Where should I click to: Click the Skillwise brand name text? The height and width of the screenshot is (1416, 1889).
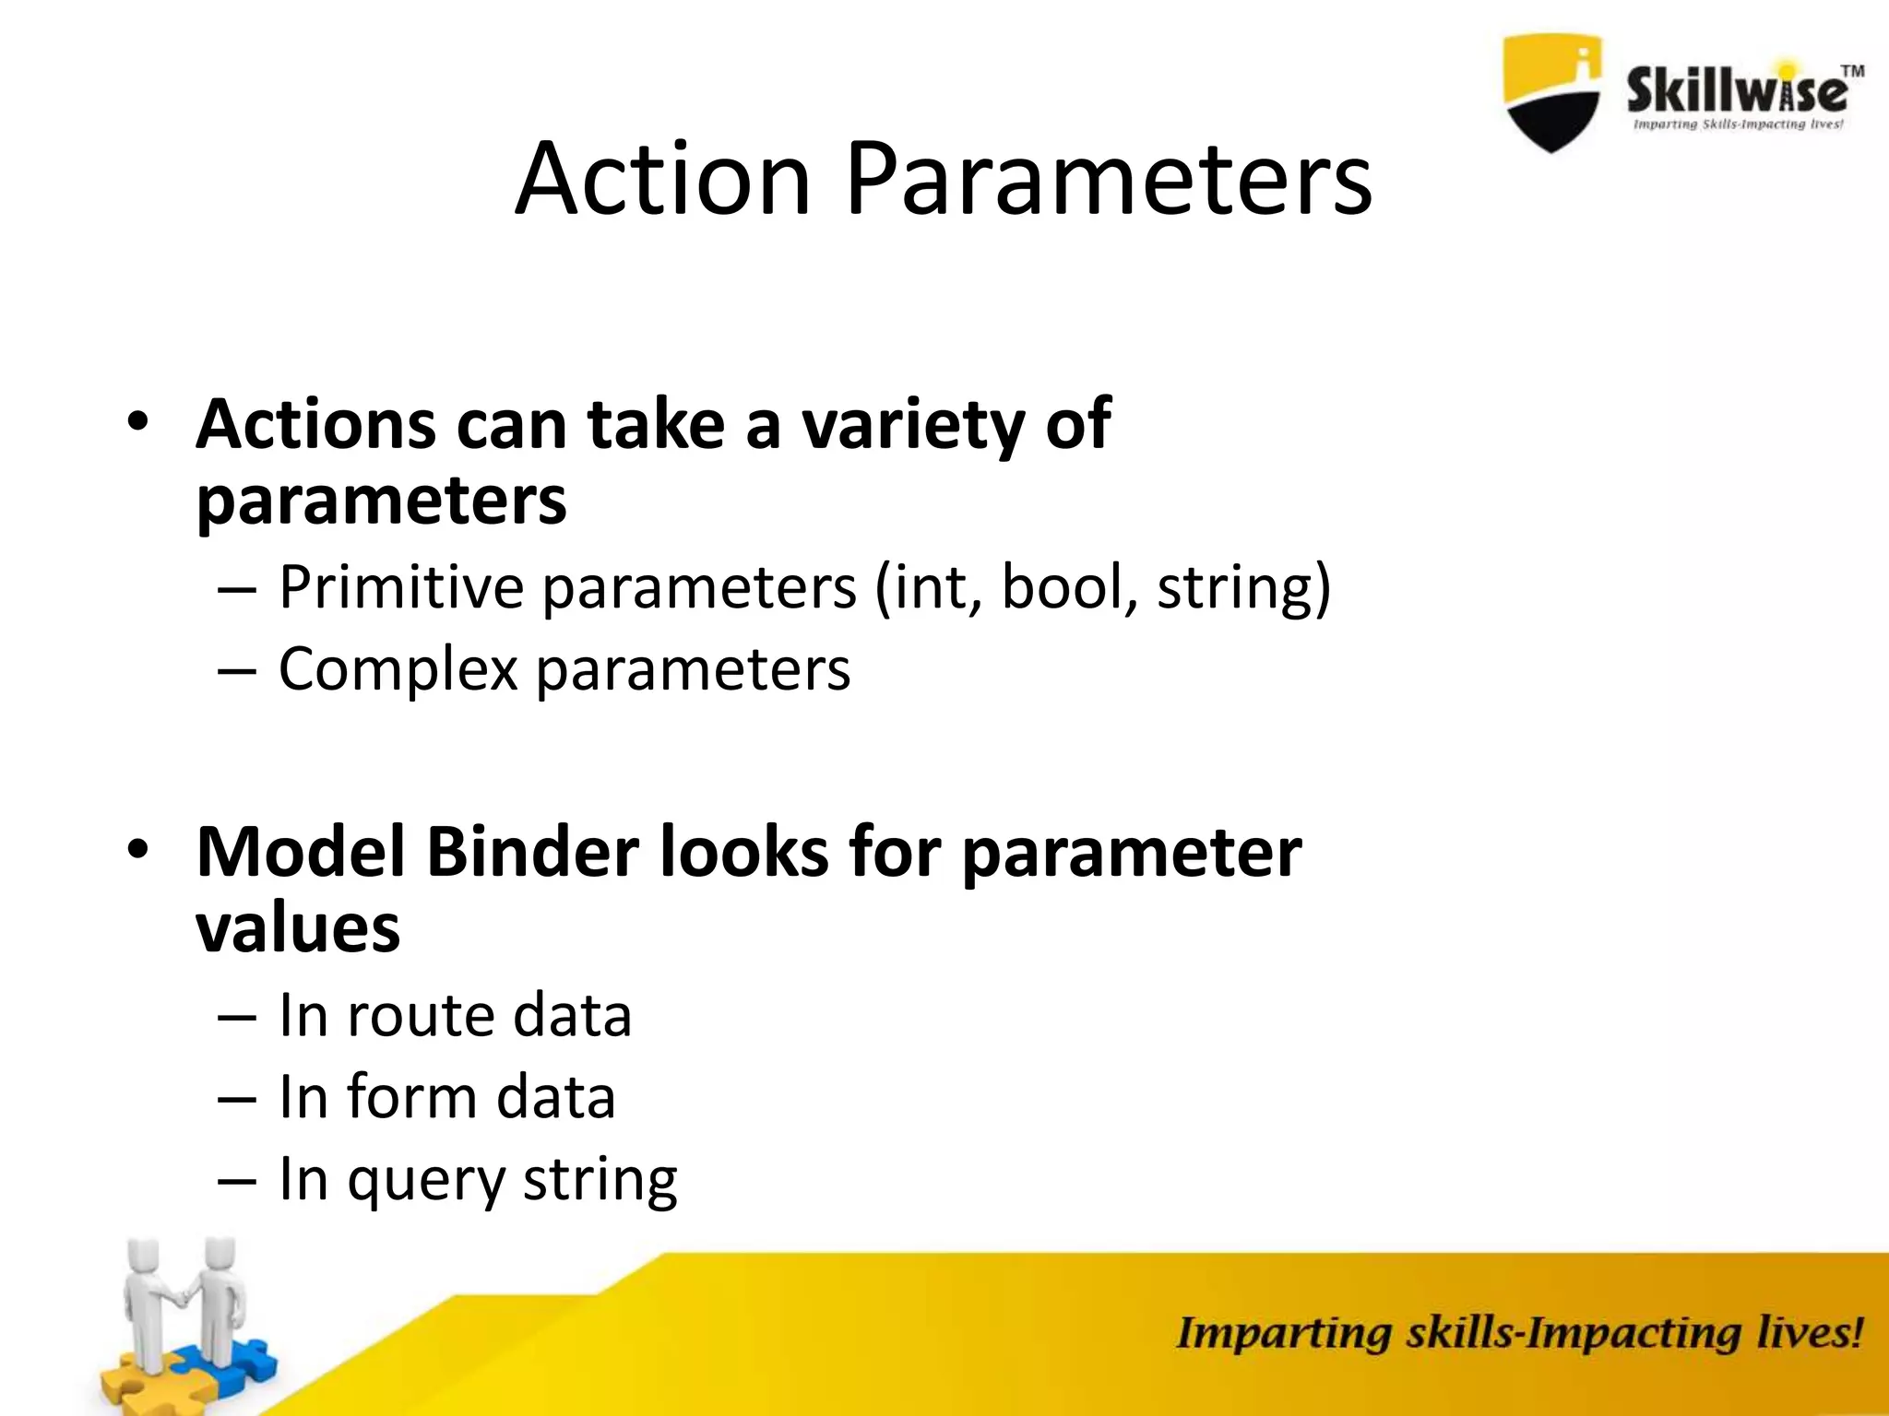pyautogui.click(x=1736, y=92)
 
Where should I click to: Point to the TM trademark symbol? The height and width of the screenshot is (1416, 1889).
pyautogui.click(x=1852, y=71)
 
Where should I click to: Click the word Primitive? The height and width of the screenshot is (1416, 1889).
pyautogui.click(x=401, y=586)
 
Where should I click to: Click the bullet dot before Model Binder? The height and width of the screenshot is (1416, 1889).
pyautogui.click(x=137, y=848)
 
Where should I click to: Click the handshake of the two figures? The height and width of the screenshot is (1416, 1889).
pyautogui.click(x=184, y=1299)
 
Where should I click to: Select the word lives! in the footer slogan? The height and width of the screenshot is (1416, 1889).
pyautogui.click(x=1809, y=1334)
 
